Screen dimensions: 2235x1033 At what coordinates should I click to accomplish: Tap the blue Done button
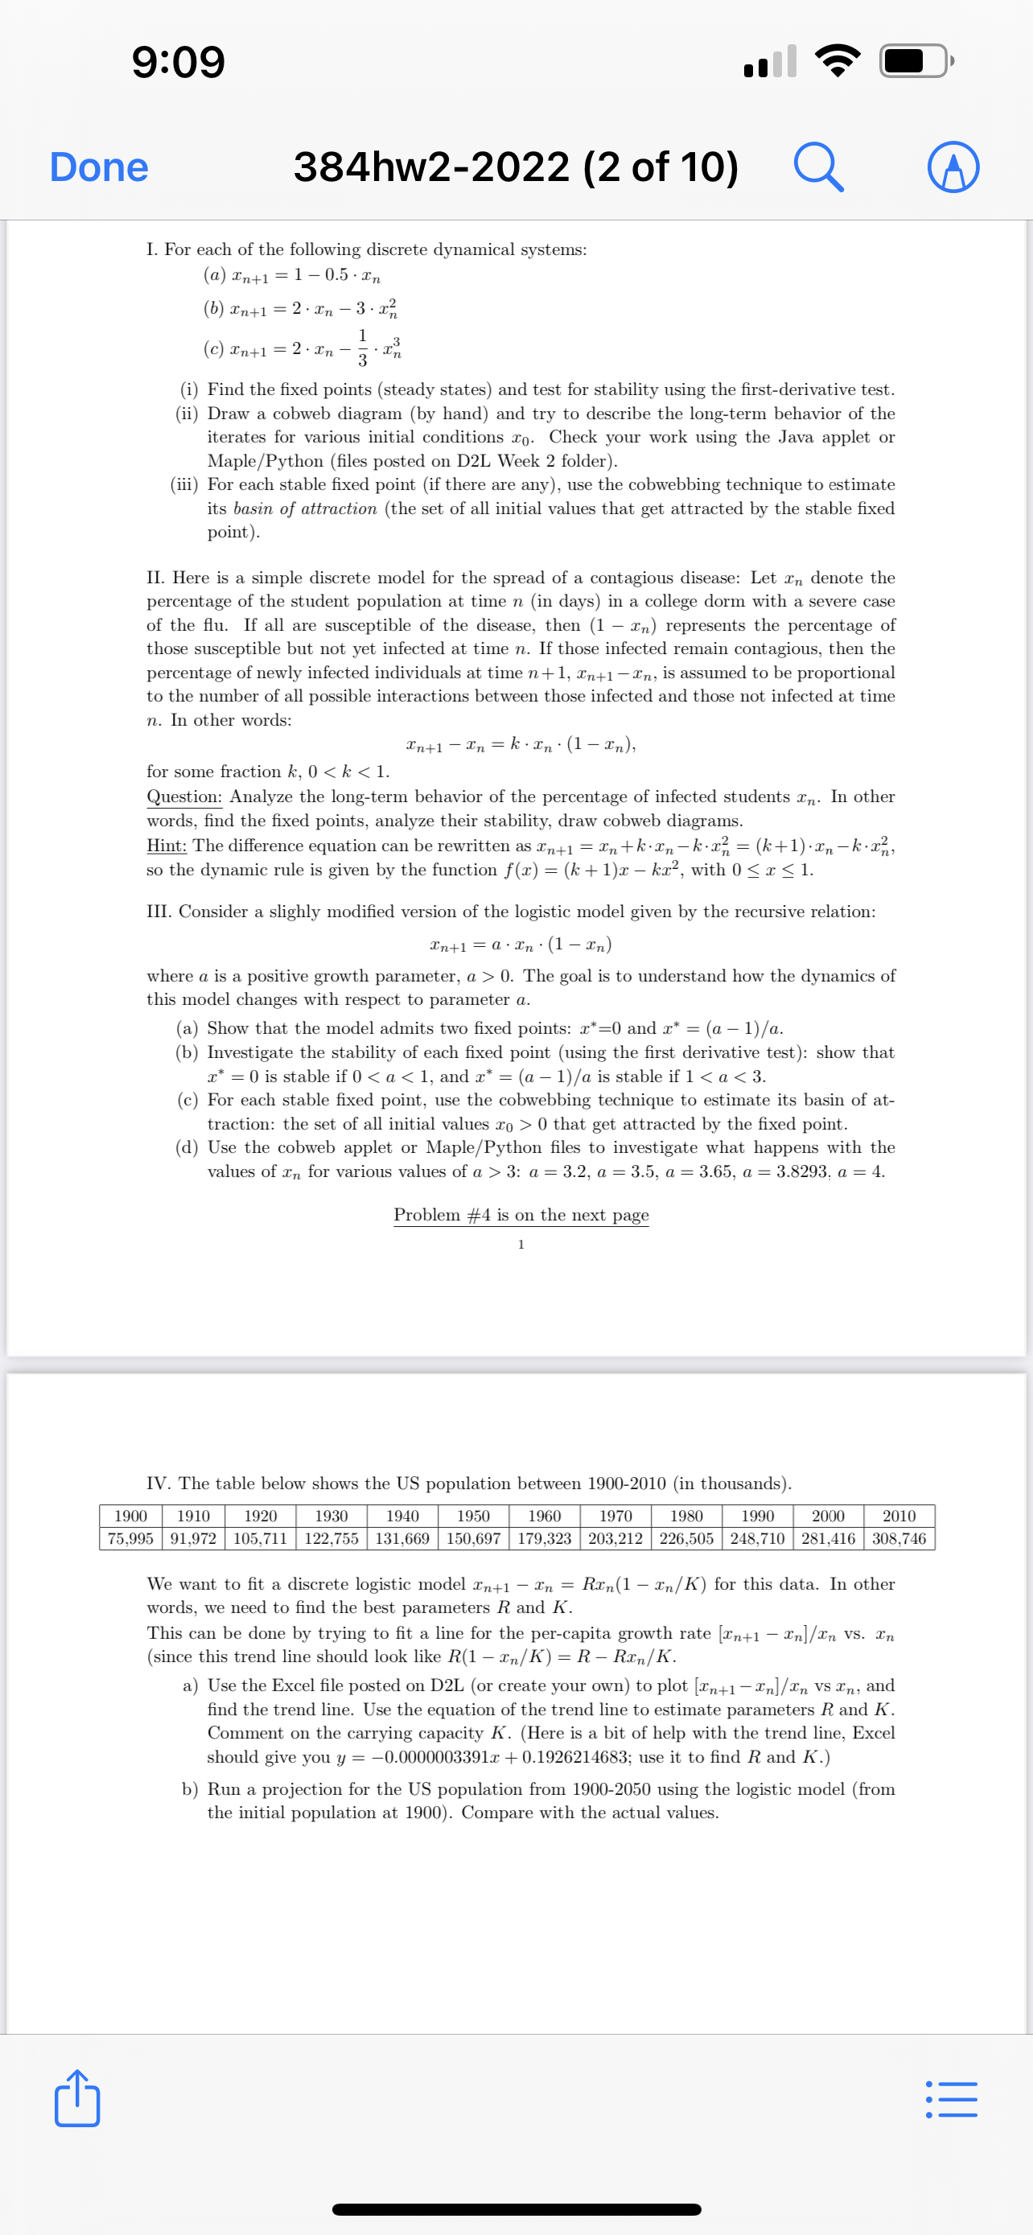(x=99, y=167)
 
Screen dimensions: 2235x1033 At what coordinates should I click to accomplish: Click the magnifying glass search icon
(x=818, y=167)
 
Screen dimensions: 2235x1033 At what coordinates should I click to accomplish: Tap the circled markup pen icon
(x=953, y=167)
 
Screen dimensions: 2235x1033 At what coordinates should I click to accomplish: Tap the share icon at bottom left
(x=77, y=2099)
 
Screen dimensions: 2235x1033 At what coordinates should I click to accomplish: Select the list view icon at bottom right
(x=952, y=2100)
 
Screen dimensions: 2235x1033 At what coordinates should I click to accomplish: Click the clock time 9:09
(x=179, y=62)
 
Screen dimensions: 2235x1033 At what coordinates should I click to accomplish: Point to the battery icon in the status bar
(x=915, y=60)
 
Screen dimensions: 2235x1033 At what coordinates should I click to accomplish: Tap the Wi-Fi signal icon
(x=837, y=60)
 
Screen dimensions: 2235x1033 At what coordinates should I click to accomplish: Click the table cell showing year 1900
(x=131, y=1516)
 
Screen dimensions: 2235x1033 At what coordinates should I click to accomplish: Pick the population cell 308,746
(x=899, y=1539)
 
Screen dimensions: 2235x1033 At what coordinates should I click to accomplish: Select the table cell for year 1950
(x=474, y=1516)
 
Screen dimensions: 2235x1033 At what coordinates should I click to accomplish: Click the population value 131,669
(x=402, y=1539)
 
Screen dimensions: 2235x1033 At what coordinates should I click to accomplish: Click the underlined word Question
(x=184, y=796)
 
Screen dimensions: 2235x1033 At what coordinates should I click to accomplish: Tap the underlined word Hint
(x=166, y=845)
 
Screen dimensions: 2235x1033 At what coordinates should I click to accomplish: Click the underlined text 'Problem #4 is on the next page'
(x=521, y=1215)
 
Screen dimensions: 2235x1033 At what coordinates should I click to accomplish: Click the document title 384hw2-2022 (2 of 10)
(x=516, y=167)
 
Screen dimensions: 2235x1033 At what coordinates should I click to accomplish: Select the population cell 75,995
(x=131, y=1539)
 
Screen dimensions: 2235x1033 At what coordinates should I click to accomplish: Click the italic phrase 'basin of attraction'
(x=304, y=508)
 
